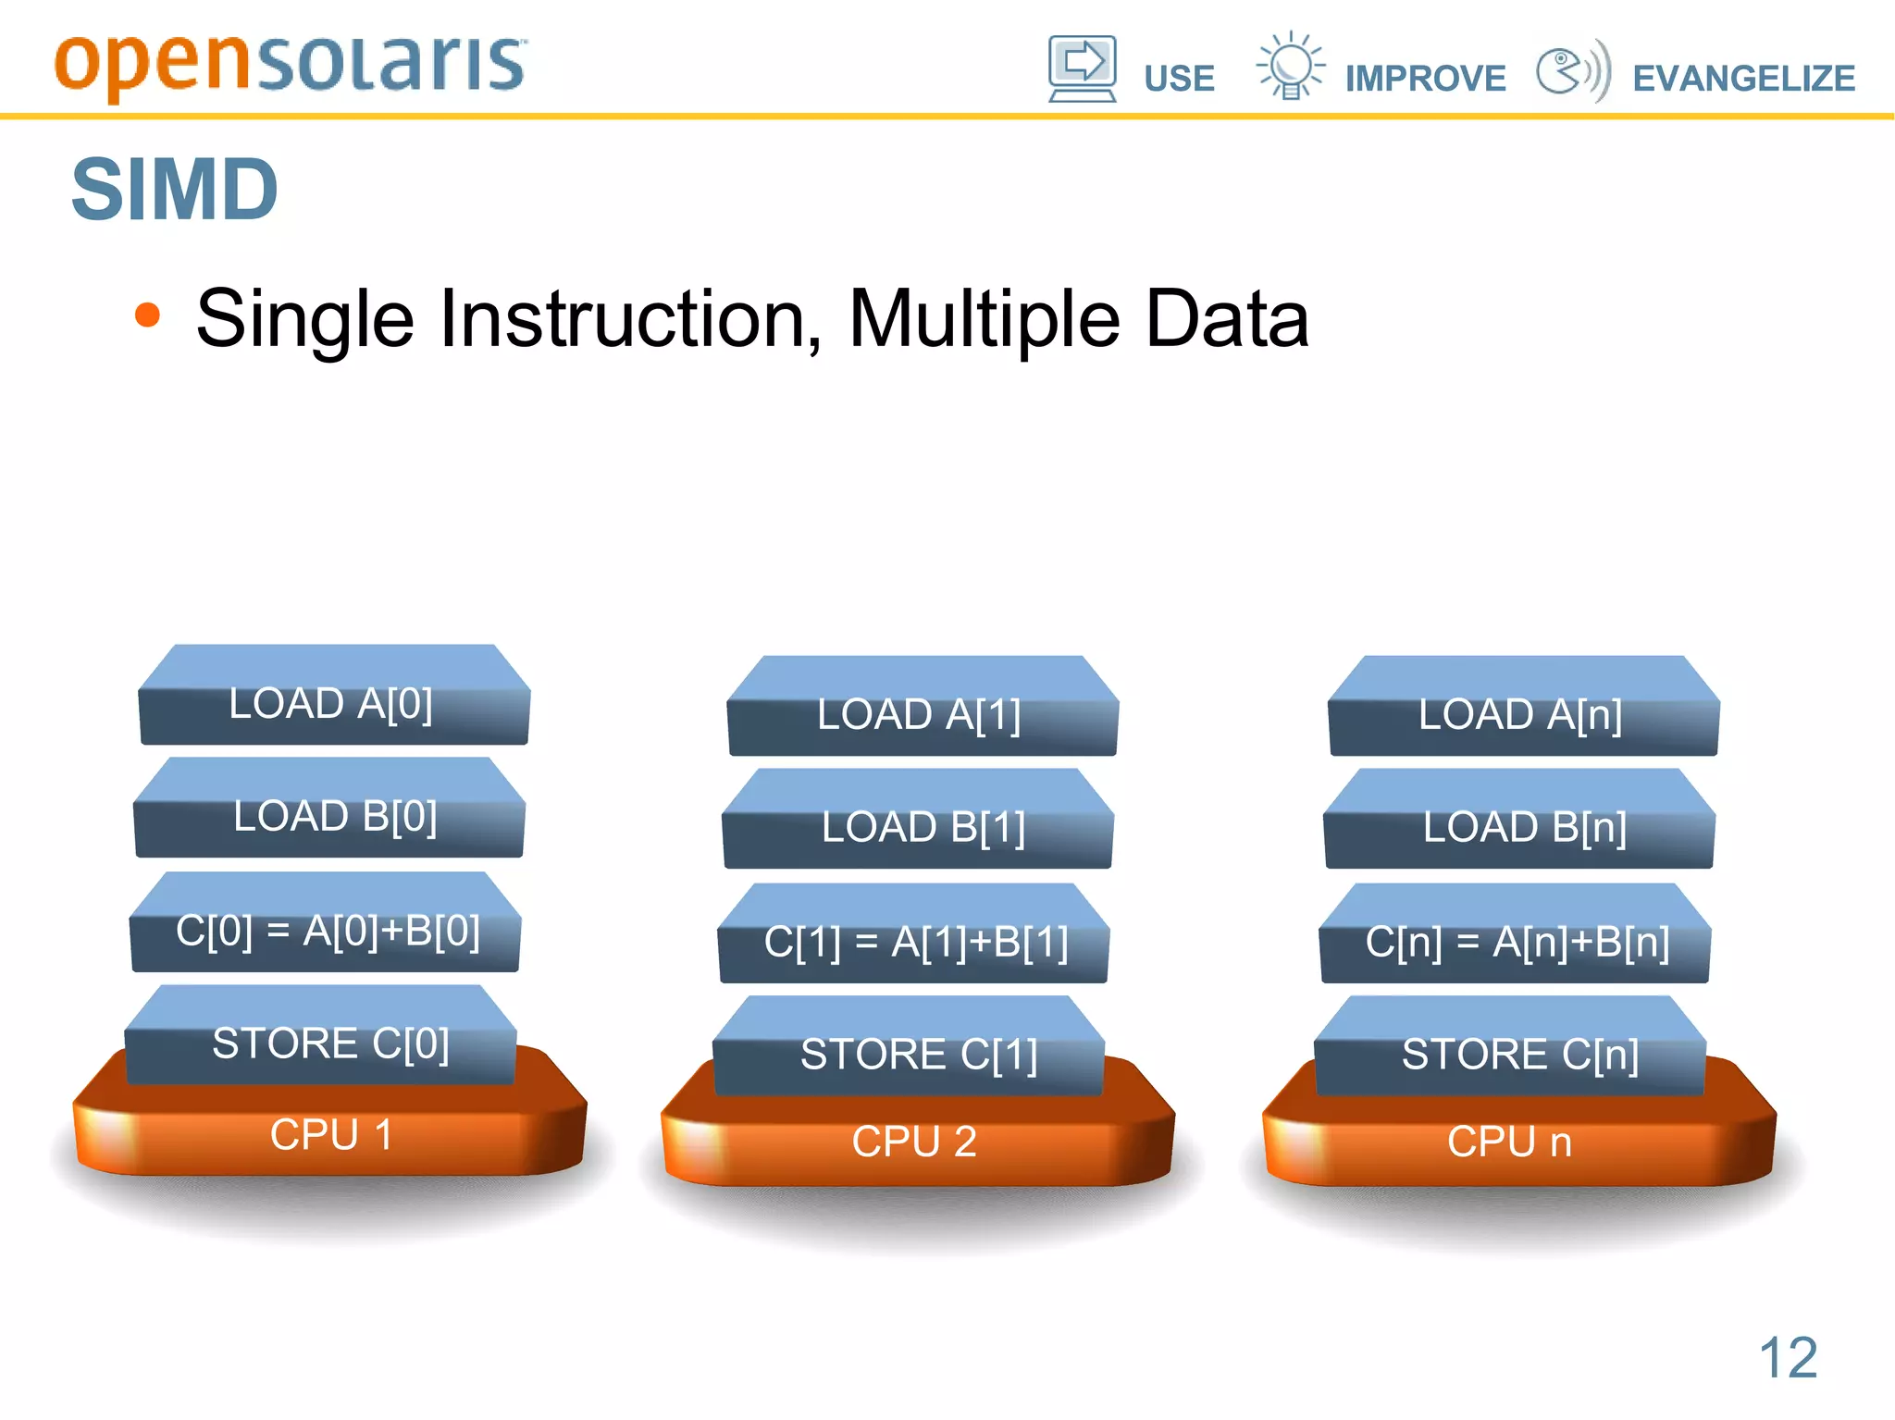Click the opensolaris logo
pyautogui.click(x=290, y=65)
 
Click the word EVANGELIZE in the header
pyautogui.click(x=1743, y=79)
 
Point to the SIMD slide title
pyautogui.click(x=175, y=190)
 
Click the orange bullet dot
pyautogui.click(x=147, y=315)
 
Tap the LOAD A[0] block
pyautogui.click(x=331, y=704)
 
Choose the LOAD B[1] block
pyautogui.click(x=923, y=827)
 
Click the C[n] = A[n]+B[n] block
pyautogui.click(x=1517, y=942)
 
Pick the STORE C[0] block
pyautogui.click(x=330, y=1043)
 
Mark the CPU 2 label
pyautogui.click(x=914, y=1142)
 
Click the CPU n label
pyautogui.click(x=1509, y=1142)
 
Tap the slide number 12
pyautogui.click(x=1788, y=1358)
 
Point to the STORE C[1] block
pyautogui.click(x=918, y=1055)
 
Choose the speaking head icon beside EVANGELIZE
pyautogui.click(x=1571, y=70)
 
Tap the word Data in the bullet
pyautogui.click(x=1227, y=319)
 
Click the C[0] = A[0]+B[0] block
pyautogui.click(x=328, y=931)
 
